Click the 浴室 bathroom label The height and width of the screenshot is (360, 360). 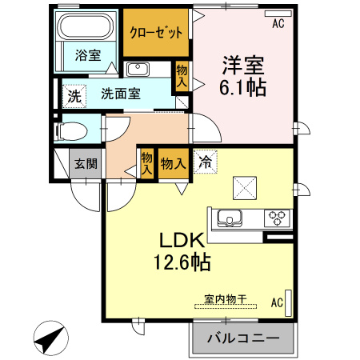87,55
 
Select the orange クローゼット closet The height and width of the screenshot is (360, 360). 157,31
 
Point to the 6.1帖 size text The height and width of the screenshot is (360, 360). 242,86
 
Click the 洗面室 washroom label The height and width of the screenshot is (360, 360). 121,93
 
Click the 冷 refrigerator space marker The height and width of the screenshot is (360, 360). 206,162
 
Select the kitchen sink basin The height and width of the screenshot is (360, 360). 230,217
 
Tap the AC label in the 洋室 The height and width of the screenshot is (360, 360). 278,24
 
